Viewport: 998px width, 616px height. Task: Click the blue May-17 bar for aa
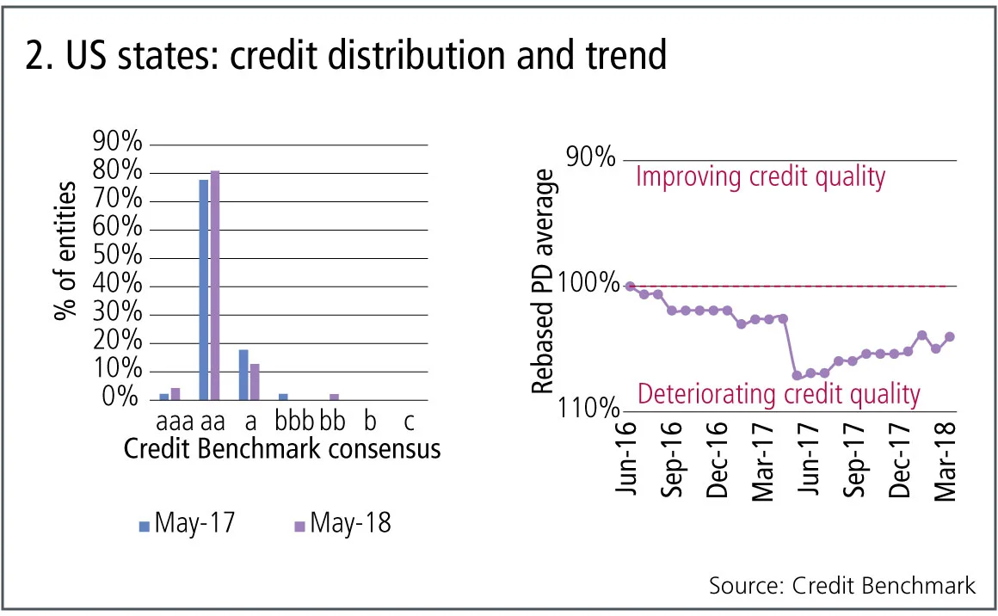(x=204, y=289)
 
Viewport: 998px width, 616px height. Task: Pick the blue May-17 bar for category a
(x=243, y=374)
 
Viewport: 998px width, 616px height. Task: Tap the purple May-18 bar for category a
(x=255, y=381)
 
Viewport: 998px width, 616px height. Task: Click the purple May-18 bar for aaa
(x=176, y=394)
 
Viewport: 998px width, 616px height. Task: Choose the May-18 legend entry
(x=342, y=522)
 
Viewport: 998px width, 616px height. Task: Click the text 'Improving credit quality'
(x=760, y=177)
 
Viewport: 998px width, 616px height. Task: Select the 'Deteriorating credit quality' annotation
(x=779, y=395)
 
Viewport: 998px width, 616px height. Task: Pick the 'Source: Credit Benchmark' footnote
(x=842, y=586)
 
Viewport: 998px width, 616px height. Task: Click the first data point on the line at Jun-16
(x=630, y=286)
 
